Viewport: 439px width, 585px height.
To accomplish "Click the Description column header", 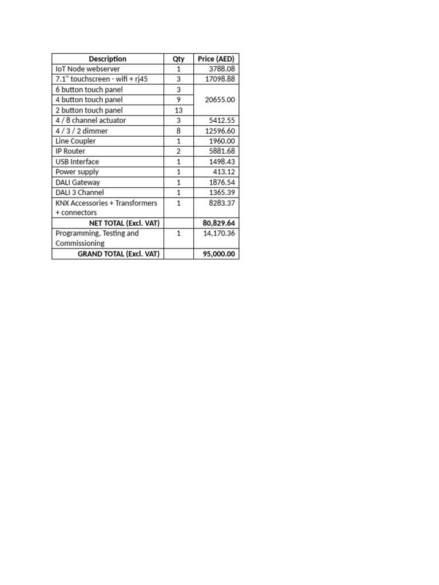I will pos(107,59).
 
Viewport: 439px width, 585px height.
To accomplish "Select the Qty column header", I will pos(178,59).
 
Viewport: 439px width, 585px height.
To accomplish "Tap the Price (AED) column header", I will pos(216,59).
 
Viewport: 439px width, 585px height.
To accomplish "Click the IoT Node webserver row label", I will pos(88,69).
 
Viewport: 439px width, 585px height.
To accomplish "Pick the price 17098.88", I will pos(220,79).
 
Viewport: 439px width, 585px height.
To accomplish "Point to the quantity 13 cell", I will pos(178,110).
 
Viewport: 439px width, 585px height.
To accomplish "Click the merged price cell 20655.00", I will pos(220,100).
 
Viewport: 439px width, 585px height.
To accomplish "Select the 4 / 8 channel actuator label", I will pos(91,121).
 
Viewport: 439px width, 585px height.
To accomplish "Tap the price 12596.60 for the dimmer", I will pos(220,131).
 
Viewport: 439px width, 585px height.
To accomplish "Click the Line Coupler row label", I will pos(76,141).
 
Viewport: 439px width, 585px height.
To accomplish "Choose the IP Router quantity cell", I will pos(178,151).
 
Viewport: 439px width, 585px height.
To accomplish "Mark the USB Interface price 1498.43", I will pos(222,162).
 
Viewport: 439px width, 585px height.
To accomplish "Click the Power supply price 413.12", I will pos(224,172).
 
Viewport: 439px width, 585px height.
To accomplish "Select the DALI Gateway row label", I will pos(78,182).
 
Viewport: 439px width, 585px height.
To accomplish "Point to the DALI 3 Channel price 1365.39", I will pos(222,193).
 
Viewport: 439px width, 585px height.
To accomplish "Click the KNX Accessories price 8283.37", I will pos(222,203).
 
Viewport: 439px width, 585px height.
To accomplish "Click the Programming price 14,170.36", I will pos(219,233).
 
